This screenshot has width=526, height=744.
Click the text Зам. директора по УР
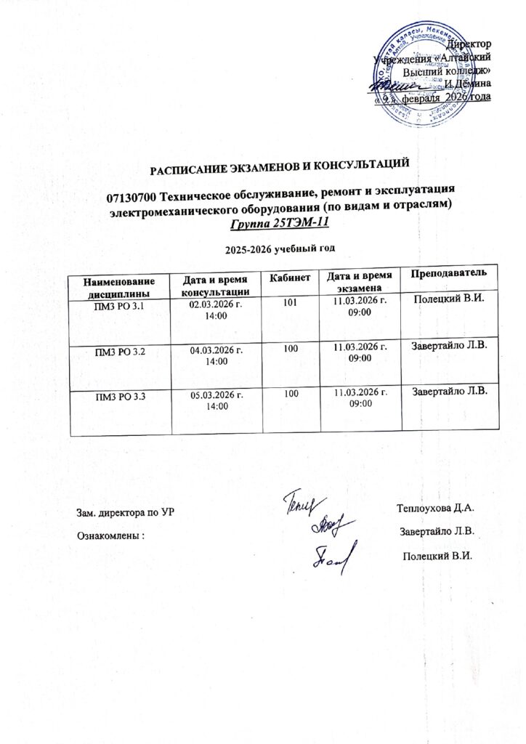[126, 512]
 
